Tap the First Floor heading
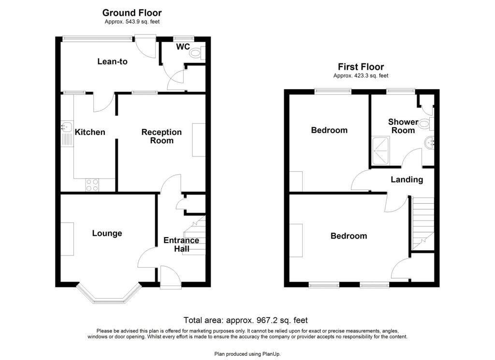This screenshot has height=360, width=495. [361, 67]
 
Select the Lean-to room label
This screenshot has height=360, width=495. [112, 61]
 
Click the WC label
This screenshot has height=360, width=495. [183, 47]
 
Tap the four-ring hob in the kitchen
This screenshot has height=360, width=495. [92, 185]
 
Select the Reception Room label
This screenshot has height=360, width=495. [161, 136]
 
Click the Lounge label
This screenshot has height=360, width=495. [107, 233]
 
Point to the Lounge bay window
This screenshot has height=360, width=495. [109, 296]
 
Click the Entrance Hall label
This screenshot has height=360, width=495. [181, 244]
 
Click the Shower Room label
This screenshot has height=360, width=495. [403, 126]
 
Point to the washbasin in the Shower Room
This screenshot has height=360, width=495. [429, 143]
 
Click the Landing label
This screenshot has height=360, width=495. [407, 180]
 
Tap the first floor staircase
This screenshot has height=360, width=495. [422, 223]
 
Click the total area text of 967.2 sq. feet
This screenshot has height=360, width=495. [246, 320]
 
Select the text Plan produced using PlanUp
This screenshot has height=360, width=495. [247, 354]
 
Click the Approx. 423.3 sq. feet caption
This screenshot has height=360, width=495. [361, 75]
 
